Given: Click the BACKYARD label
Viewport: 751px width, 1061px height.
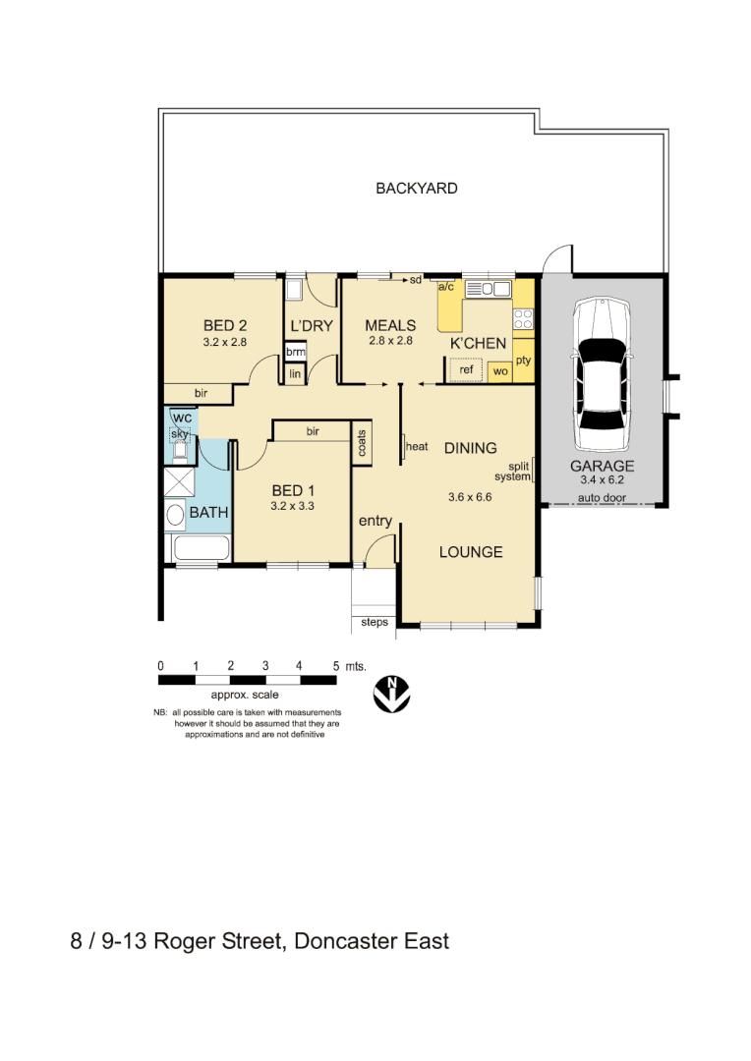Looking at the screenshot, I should [416, 189].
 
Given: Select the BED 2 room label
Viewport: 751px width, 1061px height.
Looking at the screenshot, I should [224, 326].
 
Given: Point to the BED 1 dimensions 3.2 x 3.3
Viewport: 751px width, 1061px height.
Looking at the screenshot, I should [292, 507].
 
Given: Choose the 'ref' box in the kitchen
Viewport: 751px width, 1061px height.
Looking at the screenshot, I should [467, 370].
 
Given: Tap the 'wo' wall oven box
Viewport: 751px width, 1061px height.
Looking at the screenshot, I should [500, 371].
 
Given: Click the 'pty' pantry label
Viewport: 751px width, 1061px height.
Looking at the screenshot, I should [523, 361].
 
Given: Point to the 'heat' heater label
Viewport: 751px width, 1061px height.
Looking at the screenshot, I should [418, 447].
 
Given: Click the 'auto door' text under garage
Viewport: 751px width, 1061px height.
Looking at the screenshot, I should [603, 498].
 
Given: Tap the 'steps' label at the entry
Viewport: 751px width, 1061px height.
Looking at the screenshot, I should [375, 622].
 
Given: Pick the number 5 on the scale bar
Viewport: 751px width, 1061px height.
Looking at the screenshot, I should [336, 666].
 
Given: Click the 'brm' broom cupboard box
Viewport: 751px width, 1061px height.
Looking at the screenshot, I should [294, 352].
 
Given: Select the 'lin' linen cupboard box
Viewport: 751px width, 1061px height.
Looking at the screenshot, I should [294, 374].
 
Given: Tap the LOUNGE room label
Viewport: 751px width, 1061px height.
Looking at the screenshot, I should [471, 552].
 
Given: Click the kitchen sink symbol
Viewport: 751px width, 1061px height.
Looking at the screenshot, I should [487, 289].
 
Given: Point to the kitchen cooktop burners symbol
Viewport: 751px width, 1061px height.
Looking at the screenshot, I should [523, 318].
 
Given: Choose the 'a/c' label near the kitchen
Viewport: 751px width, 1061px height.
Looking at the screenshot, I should [445, 287].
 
